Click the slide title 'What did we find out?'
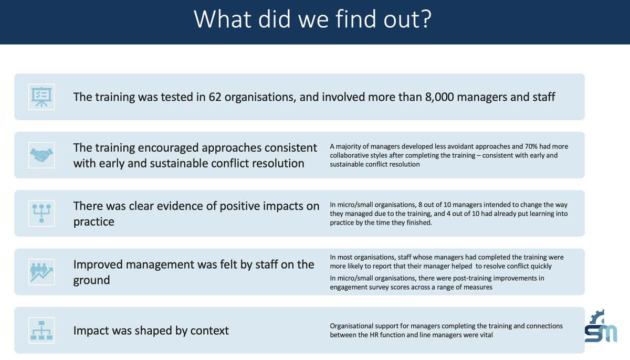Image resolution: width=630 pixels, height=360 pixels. point(313,19)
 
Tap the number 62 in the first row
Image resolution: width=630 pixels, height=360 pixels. point(216,97)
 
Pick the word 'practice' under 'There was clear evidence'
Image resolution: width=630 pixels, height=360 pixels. point(94,222)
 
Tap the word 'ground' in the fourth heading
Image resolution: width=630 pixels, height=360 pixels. point(92,280)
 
